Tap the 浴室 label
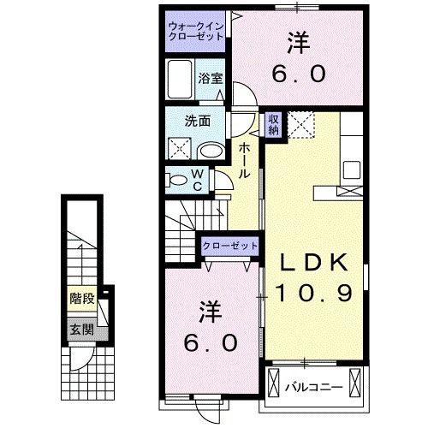208,78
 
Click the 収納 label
272,125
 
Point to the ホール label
244,160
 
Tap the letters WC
196,180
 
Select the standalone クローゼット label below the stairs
229,246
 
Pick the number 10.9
313,293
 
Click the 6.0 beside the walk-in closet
299,74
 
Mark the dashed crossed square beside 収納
300,124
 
